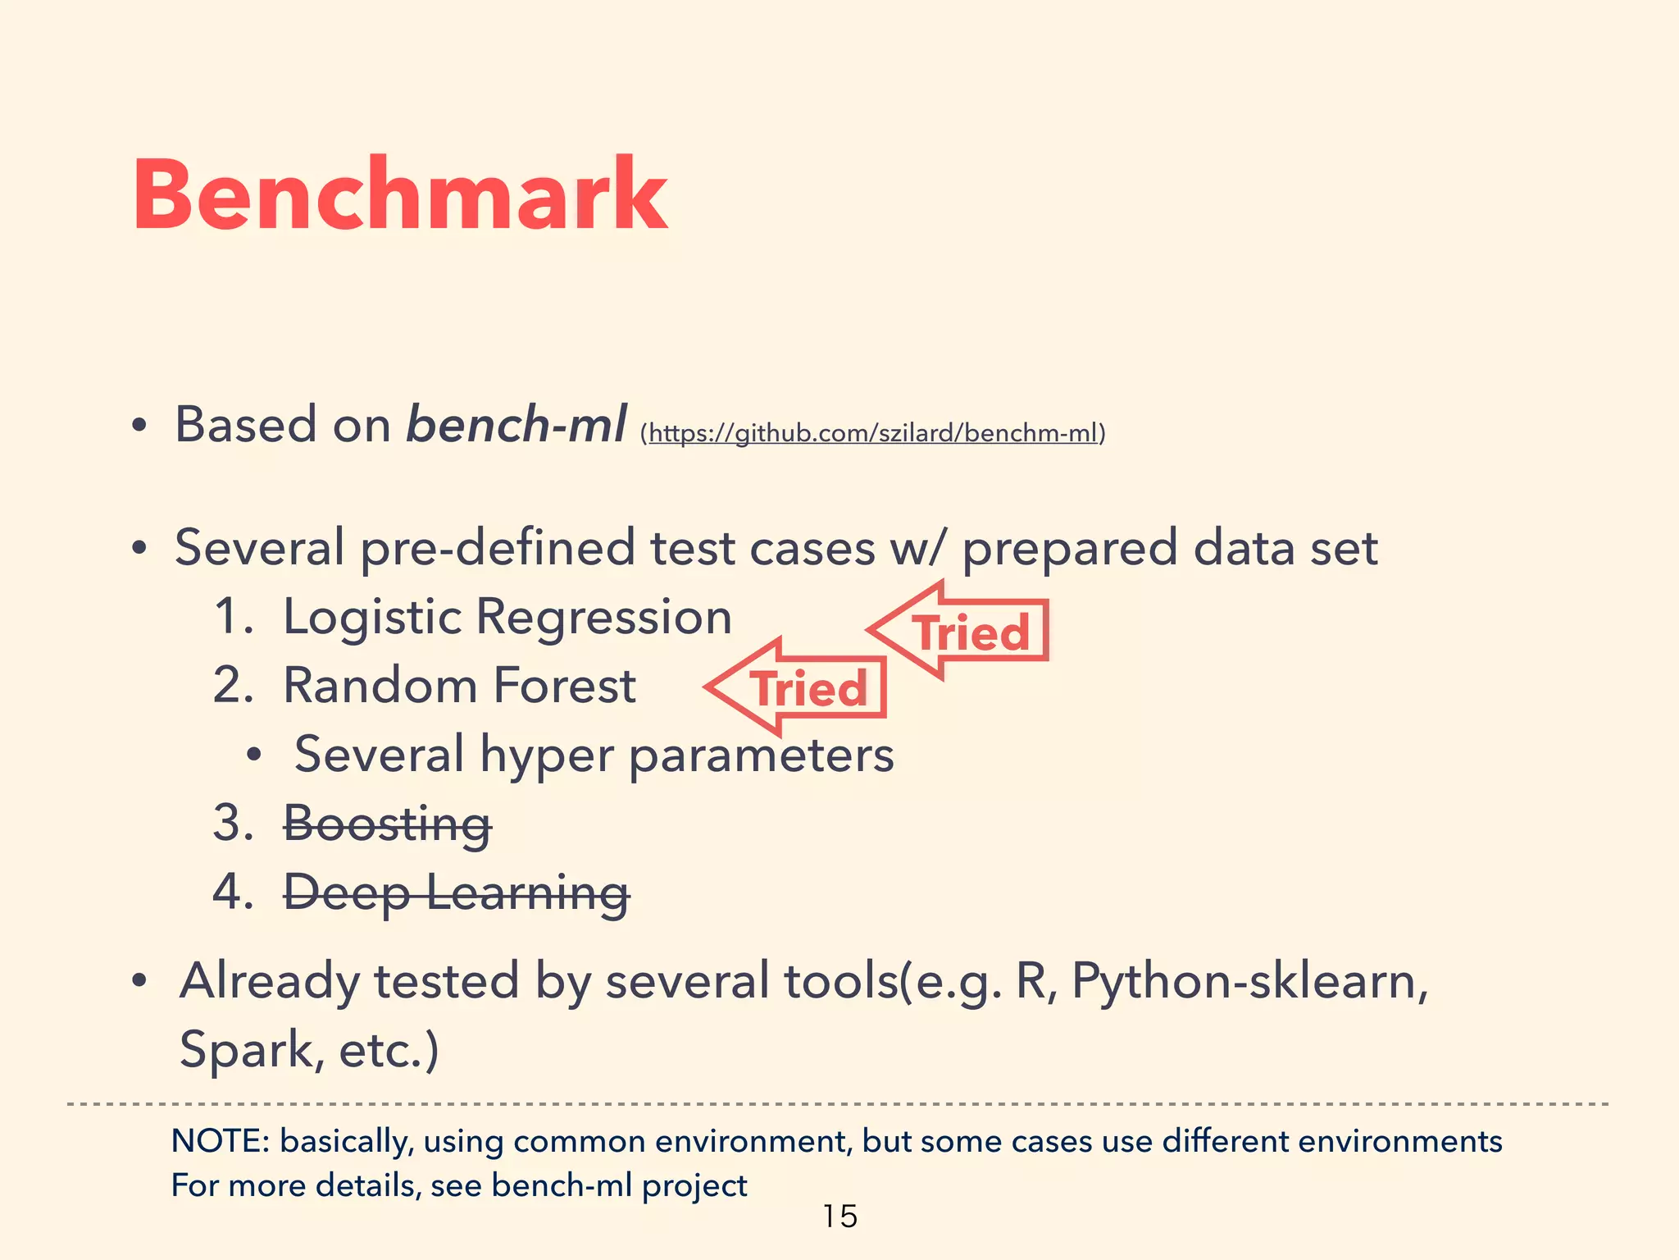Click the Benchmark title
pos(400,195)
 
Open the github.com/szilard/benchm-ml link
pos(872,432)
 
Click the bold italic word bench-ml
pos(516,424)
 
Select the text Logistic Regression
pos(507,617)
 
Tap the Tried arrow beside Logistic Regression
pos(959,631)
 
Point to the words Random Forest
pos(459,686)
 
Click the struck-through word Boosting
pos(387,823)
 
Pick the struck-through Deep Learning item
pos(456,892)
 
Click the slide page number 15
pos(839,1216)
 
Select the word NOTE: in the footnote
pos(220,1141)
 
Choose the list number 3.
pos(232,823)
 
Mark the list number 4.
pos(232,892)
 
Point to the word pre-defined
pos(497,548)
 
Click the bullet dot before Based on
pos(139,426)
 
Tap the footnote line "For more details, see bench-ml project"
pos(459,1185)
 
